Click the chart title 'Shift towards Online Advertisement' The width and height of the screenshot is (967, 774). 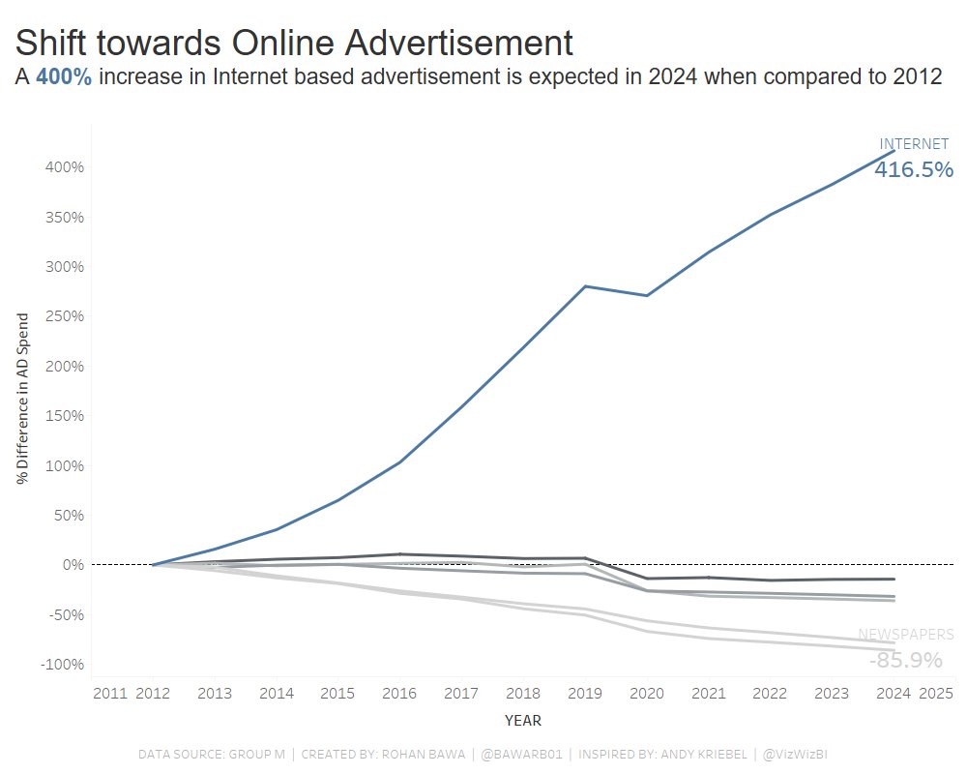pos(294,43)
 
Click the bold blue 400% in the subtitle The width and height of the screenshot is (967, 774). pos(64,78)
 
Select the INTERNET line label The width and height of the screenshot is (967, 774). pos(914,144)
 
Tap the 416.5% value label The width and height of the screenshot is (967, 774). pos(914,170)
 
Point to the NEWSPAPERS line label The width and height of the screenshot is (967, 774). pos(906,636)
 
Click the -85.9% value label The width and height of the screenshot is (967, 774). pos(906,661)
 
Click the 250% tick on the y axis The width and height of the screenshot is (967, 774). pos(65,316)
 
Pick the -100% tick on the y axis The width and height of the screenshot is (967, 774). pos(63,665)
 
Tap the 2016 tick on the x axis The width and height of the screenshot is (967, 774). pos(399,694)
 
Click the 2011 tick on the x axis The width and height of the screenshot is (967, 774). pos(110,694)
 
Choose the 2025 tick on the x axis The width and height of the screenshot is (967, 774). pos(935,694)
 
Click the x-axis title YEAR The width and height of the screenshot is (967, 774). pos(523,721)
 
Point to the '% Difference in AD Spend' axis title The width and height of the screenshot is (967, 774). pos(22,398)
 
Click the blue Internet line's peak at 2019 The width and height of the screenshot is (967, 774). pos(586,286)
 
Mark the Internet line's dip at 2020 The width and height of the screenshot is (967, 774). pos(647,295)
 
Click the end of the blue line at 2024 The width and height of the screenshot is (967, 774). pos(894,151)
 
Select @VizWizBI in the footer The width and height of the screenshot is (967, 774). pos(795,754)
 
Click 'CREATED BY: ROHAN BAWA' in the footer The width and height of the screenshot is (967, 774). pos(384,754)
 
